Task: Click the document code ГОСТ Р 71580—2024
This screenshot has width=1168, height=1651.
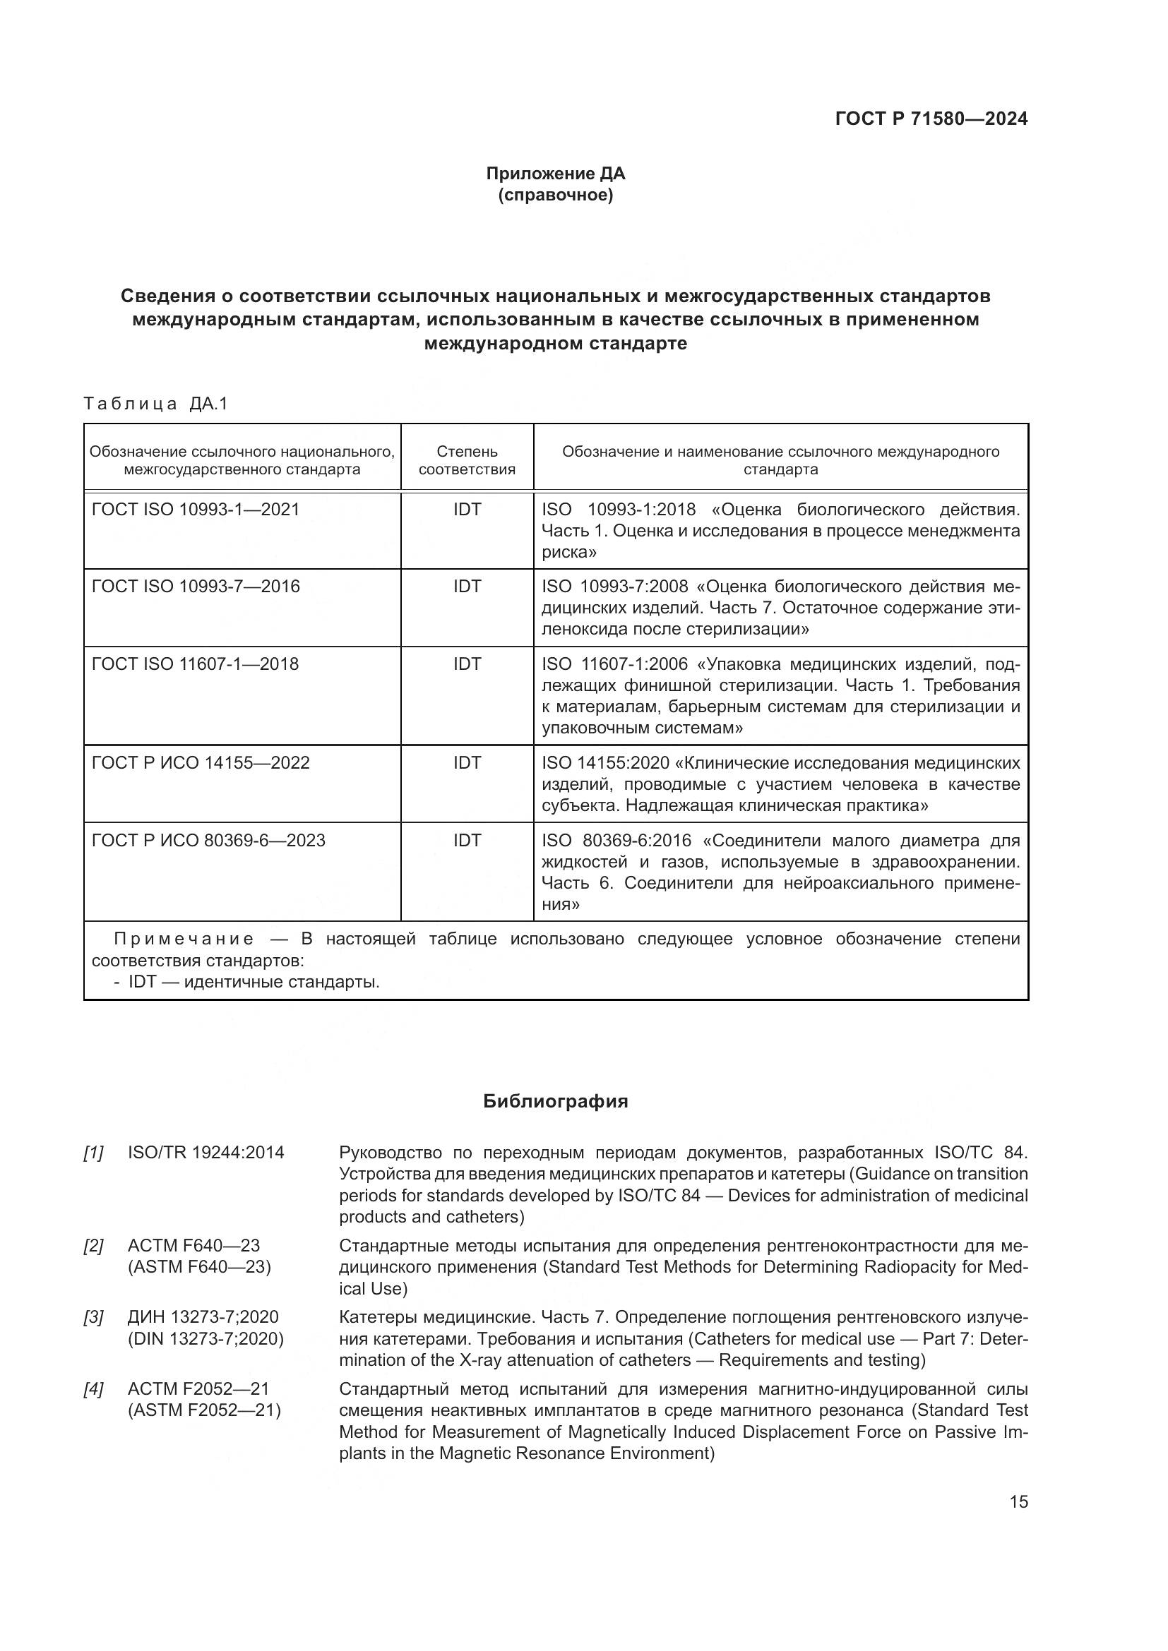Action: click(931, 119)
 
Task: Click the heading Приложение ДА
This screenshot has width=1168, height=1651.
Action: click(555, 174)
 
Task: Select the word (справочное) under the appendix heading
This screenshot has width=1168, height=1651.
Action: click(555, 196)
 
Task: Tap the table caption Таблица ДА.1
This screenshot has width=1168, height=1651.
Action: click(155, 404)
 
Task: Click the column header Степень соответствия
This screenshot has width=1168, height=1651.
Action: click(467, 460)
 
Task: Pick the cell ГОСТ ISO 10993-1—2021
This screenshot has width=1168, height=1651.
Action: click(196, 510)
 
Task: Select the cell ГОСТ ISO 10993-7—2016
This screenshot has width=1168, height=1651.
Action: click(196, 587)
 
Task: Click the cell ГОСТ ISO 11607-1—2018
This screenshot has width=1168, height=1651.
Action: click(196, 664)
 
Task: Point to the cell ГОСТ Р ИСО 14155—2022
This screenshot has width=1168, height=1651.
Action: click(201, 763)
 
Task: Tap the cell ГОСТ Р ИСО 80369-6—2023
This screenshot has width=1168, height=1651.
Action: click(208, 841)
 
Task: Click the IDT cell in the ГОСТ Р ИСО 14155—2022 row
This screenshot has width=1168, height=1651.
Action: click(467, 763)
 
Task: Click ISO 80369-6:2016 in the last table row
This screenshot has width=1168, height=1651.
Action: click(616, 841)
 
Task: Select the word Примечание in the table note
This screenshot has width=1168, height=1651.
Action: click(184, 939)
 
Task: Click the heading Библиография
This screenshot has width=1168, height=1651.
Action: click(555, 1102)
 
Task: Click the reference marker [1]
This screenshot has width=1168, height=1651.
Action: click(93, 1153)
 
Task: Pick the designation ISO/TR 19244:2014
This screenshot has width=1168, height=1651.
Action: click(205, 1153)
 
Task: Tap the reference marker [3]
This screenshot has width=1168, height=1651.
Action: click(93, 1318)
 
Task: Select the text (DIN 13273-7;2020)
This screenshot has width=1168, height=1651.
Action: click(205, 1340)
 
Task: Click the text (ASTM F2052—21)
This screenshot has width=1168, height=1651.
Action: click(204, 1411)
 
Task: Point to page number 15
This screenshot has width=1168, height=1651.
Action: click(1018, 1502)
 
